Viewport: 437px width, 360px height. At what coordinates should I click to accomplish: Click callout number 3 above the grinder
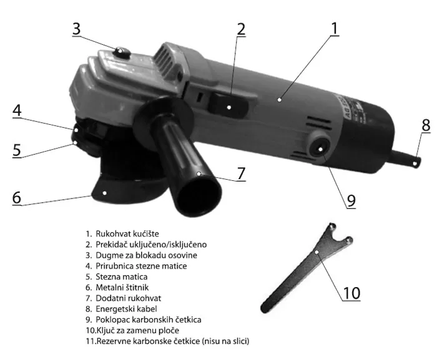(x=76, y=29)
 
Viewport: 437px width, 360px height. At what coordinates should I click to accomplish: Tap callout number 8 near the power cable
(x=426, y=125)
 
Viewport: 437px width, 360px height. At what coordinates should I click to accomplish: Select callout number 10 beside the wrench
(x=351, y=293)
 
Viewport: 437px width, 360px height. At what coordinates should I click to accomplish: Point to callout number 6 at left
(x=17, y=197)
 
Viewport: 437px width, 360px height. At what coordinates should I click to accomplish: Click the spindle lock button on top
(x=121, y=52)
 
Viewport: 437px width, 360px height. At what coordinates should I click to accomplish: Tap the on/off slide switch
(x=228, y=106)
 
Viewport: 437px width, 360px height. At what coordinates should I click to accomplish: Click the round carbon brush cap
(x=320, y=148)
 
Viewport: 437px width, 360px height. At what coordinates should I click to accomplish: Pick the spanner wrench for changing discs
(x=307, y=268)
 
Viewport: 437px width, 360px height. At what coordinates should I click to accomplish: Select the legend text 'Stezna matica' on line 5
(x=122, y=276)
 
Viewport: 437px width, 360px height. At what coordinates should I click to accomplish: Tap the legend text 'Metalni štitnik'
(x=122, y=287)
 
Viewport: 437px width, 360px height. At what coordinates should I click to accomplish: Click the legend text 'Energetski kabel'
(x=126, y=309)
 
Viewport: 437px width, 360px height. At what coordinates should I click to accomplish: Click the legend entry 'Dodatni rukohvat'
(x=128, y=298)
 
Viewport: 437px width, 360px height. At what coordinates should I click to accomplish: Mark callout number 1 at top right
(x=334, y=29)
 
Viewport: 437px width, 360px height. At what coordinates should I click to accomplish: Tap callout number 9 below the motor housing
(x=351, y=200)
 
